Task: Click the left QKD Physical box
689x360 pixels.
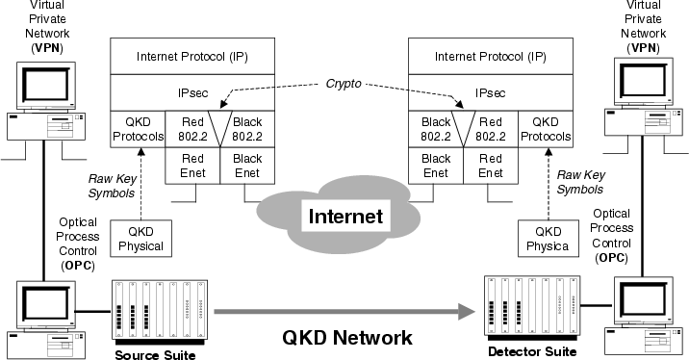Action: [139, 238]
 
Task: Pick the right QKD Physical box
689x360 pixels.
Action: [546, 238]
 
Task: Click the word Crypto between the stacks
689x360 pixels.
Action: [343, 84]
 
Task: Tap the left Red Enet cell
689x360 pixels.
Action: [193, 165]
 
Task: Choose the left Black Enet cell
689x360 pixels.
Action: [247, 165]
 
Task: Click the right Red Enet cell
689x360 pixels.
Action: [491, 165]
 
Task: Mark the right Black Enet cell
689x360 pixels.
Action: [436, 165]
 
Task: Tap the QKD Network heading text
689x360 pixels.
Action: [347, 338]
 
